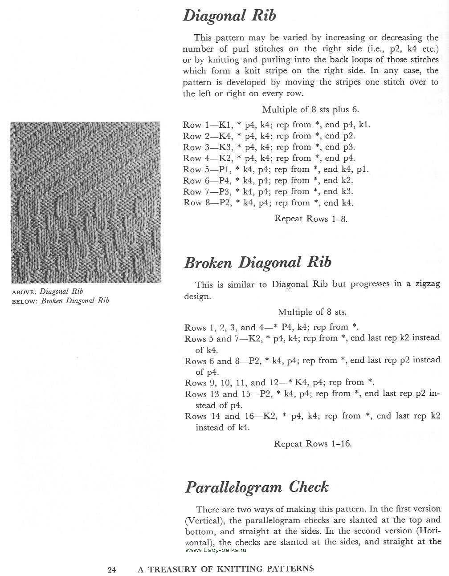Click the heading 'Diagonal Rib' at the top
229,16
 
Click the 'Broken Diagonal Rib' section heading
257,262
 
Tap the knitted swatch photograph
86,202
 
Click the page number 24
111,569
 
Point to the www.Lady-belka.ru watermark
216,550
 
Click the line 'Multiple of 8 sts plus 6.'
310,110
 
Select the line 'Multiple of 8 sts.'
312,312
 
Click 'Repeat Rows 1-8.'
310,219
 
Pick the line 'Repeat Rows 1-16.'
313,444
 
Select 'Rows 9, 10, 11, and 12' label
220,382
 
